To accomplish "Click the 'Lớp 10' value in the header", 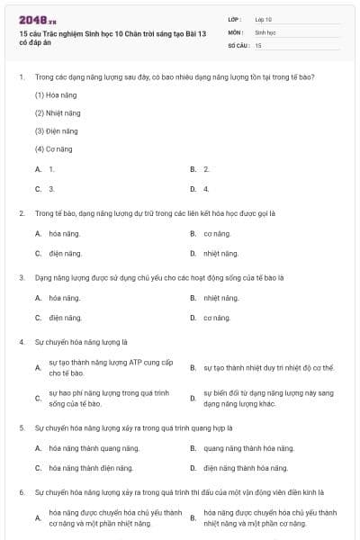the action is click(264, 19).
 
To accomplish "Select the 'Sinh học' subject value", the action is click(265, 31).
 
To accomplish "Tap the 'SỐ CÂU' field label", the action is click(238, 44).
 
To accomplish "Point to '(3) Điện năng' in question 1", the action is click(58, 130).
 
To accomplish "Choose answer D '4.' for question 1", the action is click(206, 189).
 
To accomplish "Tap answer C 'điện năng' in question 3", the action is click(65, 318).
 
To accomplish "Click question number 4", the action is click(21, 342).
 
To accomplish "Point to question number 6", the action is click(21, 492).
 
